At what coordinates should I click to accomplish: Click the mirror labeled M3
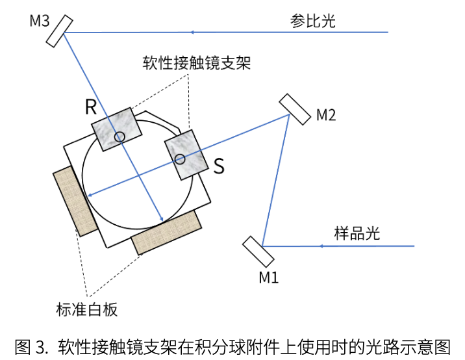click(x=58, y=31)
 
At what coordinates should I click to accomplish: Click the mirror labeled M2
click(x=295, y=109)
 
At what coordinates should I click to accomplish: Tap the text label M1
click(x=269, y=277)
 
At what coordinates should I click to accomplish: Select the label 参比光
click(x=312, y=21)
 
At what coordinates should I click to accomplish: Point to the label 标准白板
click(x=86, y=309)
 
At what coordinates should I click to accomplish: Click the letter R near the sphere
click(x=91, y=108)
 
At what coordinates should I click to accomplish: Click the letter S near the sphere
click(x=219, y=167)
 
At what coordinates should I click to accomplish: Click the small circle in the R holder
click(x=119, y=136)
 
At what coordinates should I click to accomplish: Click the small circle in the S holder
click(x=180, y=159)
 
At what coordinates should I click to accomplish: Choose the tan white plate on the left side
click(x=75, y=201)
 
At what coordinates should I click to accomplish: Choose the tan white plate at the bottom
click(x=166, y=231)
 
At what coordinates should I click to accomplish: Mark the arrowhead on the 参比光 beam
click(x=193, y=31)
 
